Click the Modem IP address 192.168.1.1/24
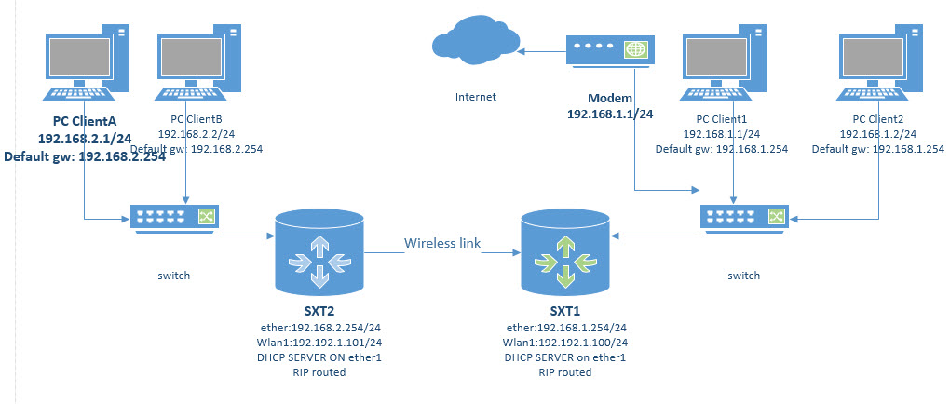(610, 114)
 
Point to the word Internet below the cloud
(476, 97)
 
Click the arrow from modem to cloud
(543, 49)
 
